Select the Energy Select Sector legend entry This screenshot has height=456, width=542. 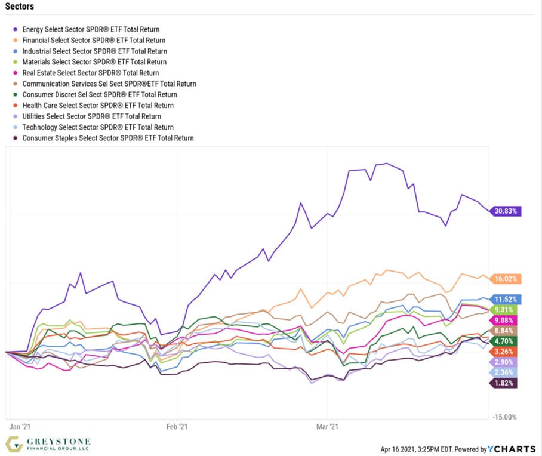[90, 29]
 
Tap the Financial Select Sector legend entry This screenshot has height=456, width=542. [94, 40]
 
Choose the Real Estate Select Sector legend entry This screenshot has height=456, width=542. [90, 73]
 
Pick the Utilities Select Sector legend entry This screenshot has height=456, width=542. [91, 116]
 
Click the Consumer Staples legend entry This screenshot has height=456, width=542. [107, 138]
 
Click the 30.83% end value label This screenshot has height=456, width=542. [507, 211]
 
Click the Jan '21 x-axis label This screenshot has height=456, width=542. [21, 427]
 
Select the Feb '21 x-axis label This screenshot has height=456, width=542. [177, 427]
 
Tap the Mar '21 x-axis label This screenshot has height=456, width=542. [327, 427]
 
